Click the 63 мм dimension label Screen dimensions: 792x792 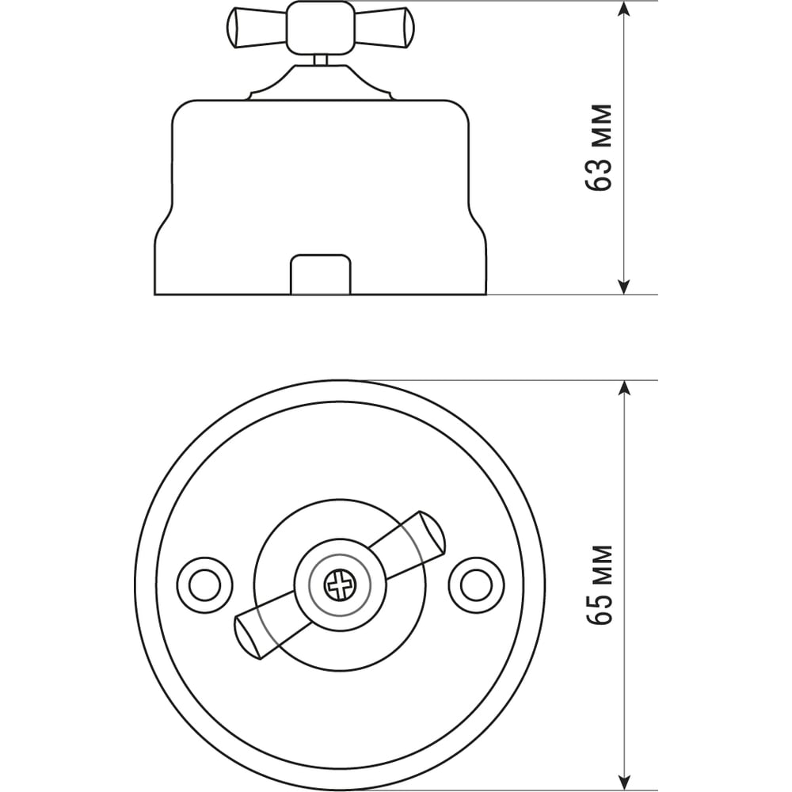tap(599, 147)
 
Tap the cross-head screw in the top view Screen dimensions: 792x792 tap(340, 585)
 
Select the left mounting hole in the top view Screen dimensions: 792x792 tap(204, 585)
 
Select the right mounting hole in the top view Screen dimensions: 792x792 tap(477, 585)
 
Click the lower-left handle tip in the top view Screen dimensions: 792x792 tap(248, 638)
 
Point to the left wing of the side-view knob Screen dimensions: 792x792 tap(257, 28)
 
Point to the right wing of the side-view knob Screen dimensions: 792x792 tap(382, 28)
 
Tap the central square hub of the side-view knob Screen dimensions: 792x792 tap(320, 28)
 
